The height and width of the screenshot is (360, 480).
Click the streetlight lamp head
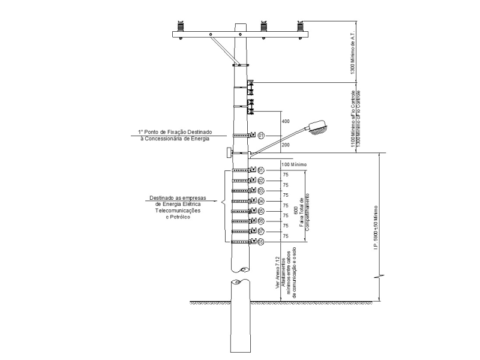[320, 126]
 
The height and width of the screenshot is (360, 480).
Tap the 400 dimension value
[286, 122]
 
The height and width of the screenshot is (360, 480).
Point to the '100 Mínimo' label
[294, 164]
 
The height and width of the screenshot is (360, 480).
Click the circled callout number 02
[261, 181]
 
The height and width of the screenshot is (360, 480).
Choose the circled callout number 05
[261, 211]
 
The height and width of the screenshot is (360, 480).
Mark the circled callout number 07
[261, 231]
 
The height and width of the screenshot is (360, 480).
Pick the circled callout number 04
[261, 201]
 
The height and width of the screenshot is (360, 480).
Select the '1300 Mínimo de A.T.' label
[352, 54]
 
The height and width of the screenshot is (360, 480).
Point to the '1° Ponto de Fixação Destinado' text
[175, 132]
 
